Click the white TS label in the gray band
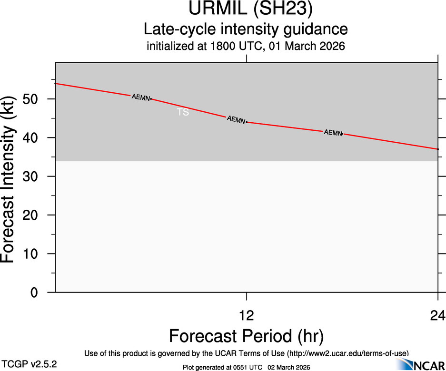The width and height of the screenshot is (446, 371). coord(183,113)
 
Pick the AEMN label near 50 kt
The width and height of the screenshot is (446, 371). coord(141,97)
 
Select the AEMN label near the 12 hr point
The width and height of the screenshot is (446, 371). coord(236,119)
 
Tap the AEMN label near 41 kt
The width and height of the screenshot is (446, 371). coord(333,133)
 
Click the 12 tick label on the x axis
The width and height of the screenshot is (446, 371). coord(247,315)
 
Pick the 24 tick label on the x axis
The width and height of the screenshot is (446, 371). coord(437,315)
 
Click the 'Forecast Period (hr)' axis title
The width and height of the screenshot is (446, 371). coord(247,336)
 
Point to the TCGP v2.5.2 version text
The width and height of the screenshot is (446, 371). coord(30,364)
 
